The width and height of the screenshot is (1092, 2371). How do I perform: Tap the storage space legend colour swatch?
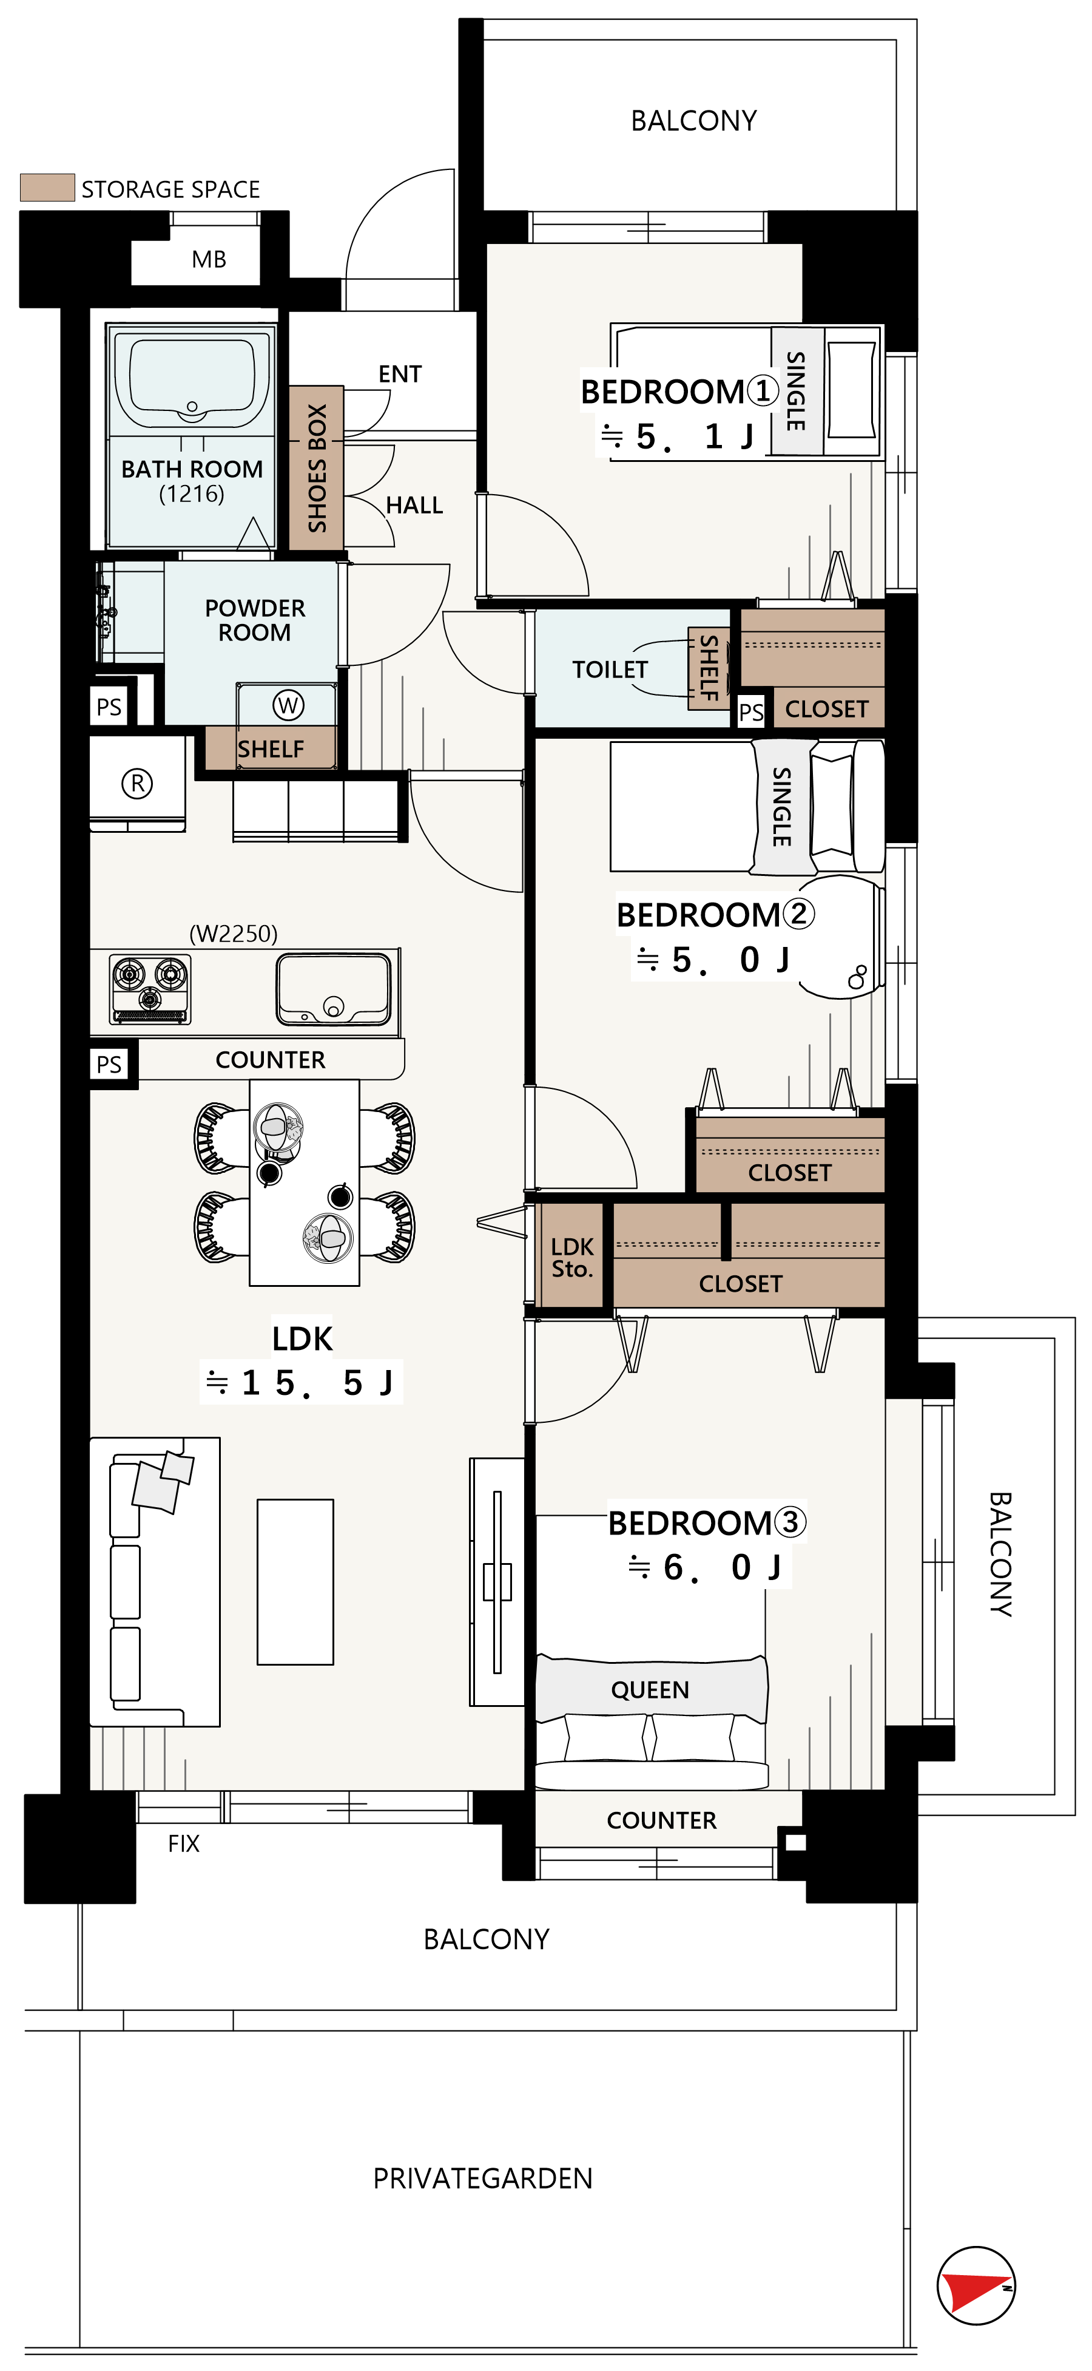click(47, 188)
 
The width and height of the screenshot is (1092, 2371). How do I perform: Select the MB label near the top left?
click(209, 260)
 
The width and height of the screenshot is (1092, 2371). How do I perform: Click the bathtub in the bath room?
click(191, 378)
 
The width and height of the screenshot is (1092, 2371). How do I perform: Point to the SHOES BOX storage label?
click(317, 467)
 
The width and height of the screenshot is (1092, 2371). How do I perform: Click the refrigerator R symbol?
click(137, 783)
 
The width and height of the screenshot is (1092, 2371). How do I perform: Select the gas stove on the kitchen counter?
click(150, 989)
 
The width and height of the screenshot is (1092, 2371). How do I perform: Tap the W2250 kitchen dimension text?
click(234, 934)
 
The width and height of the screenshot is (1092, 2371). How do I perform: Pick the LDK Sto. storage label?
click(572, 1257)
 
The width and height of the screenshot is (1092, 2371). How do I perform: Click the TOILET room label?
click(610, 669)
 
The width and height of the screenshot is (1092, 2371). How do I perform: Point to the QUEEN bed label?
click(650, 1690)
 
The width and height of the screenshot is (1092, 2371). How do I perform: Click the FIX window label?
click(184, 1844)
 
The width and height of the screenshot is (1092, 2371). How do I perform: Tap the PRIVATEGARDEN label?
click(483, 2179)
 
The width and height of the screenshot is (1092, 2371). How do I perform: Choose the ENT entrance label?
click(400, 374)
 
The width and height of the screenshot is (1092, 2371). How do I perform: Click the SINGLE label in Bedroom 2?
click(782, 806)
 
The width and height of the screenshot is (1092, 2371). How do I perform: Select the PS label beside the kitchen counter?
click(109, 1064)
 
